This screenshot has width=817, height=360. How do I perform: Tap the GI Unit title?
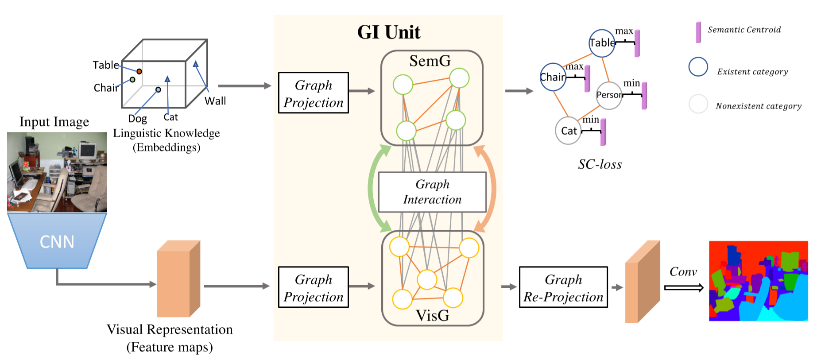pos(388,32)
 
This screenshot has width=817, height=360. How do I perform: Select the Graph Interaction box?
pos(432,192)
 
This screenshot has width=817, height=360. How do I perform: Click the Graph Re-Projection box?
pos(563,287)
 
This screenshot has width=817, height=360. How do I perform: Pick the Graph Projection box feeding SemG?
pos(313,93)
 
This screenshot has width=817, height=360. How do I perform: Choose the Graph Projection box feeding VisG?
pos(313,287)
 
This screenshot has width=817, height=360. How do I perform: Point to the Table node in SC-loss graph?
pos(601,43)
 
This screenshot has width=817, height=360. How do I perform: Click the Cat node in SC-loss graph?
pos(568,131)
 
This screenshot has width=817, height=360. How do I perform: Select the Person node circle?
pos(609,95)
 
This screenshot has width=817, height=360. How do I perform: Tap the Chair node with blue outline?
pos(553,77)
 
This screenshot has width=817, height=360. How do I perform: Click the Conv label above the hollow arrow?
pos(683,271)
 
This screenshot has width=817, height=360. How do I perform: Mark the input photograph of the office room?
pos(57,172)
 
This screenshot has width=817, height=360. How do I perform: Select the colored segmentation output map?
pos(758,281)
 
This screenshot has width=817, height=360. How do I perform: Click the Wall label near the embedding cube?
pos(215,101)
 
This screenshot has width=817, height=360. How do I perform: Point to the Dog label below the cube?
pos(137,119)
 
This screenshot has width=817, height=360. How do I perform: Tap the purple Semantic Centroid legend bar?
pos(698,32)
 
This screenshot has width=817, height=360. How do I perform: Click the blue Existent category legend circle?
pos(698,67)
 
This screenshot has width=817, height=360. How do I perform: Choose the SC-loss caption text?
pos(600,164)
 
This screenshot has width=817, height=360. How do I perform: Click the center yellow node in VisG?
pos(427,279)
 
